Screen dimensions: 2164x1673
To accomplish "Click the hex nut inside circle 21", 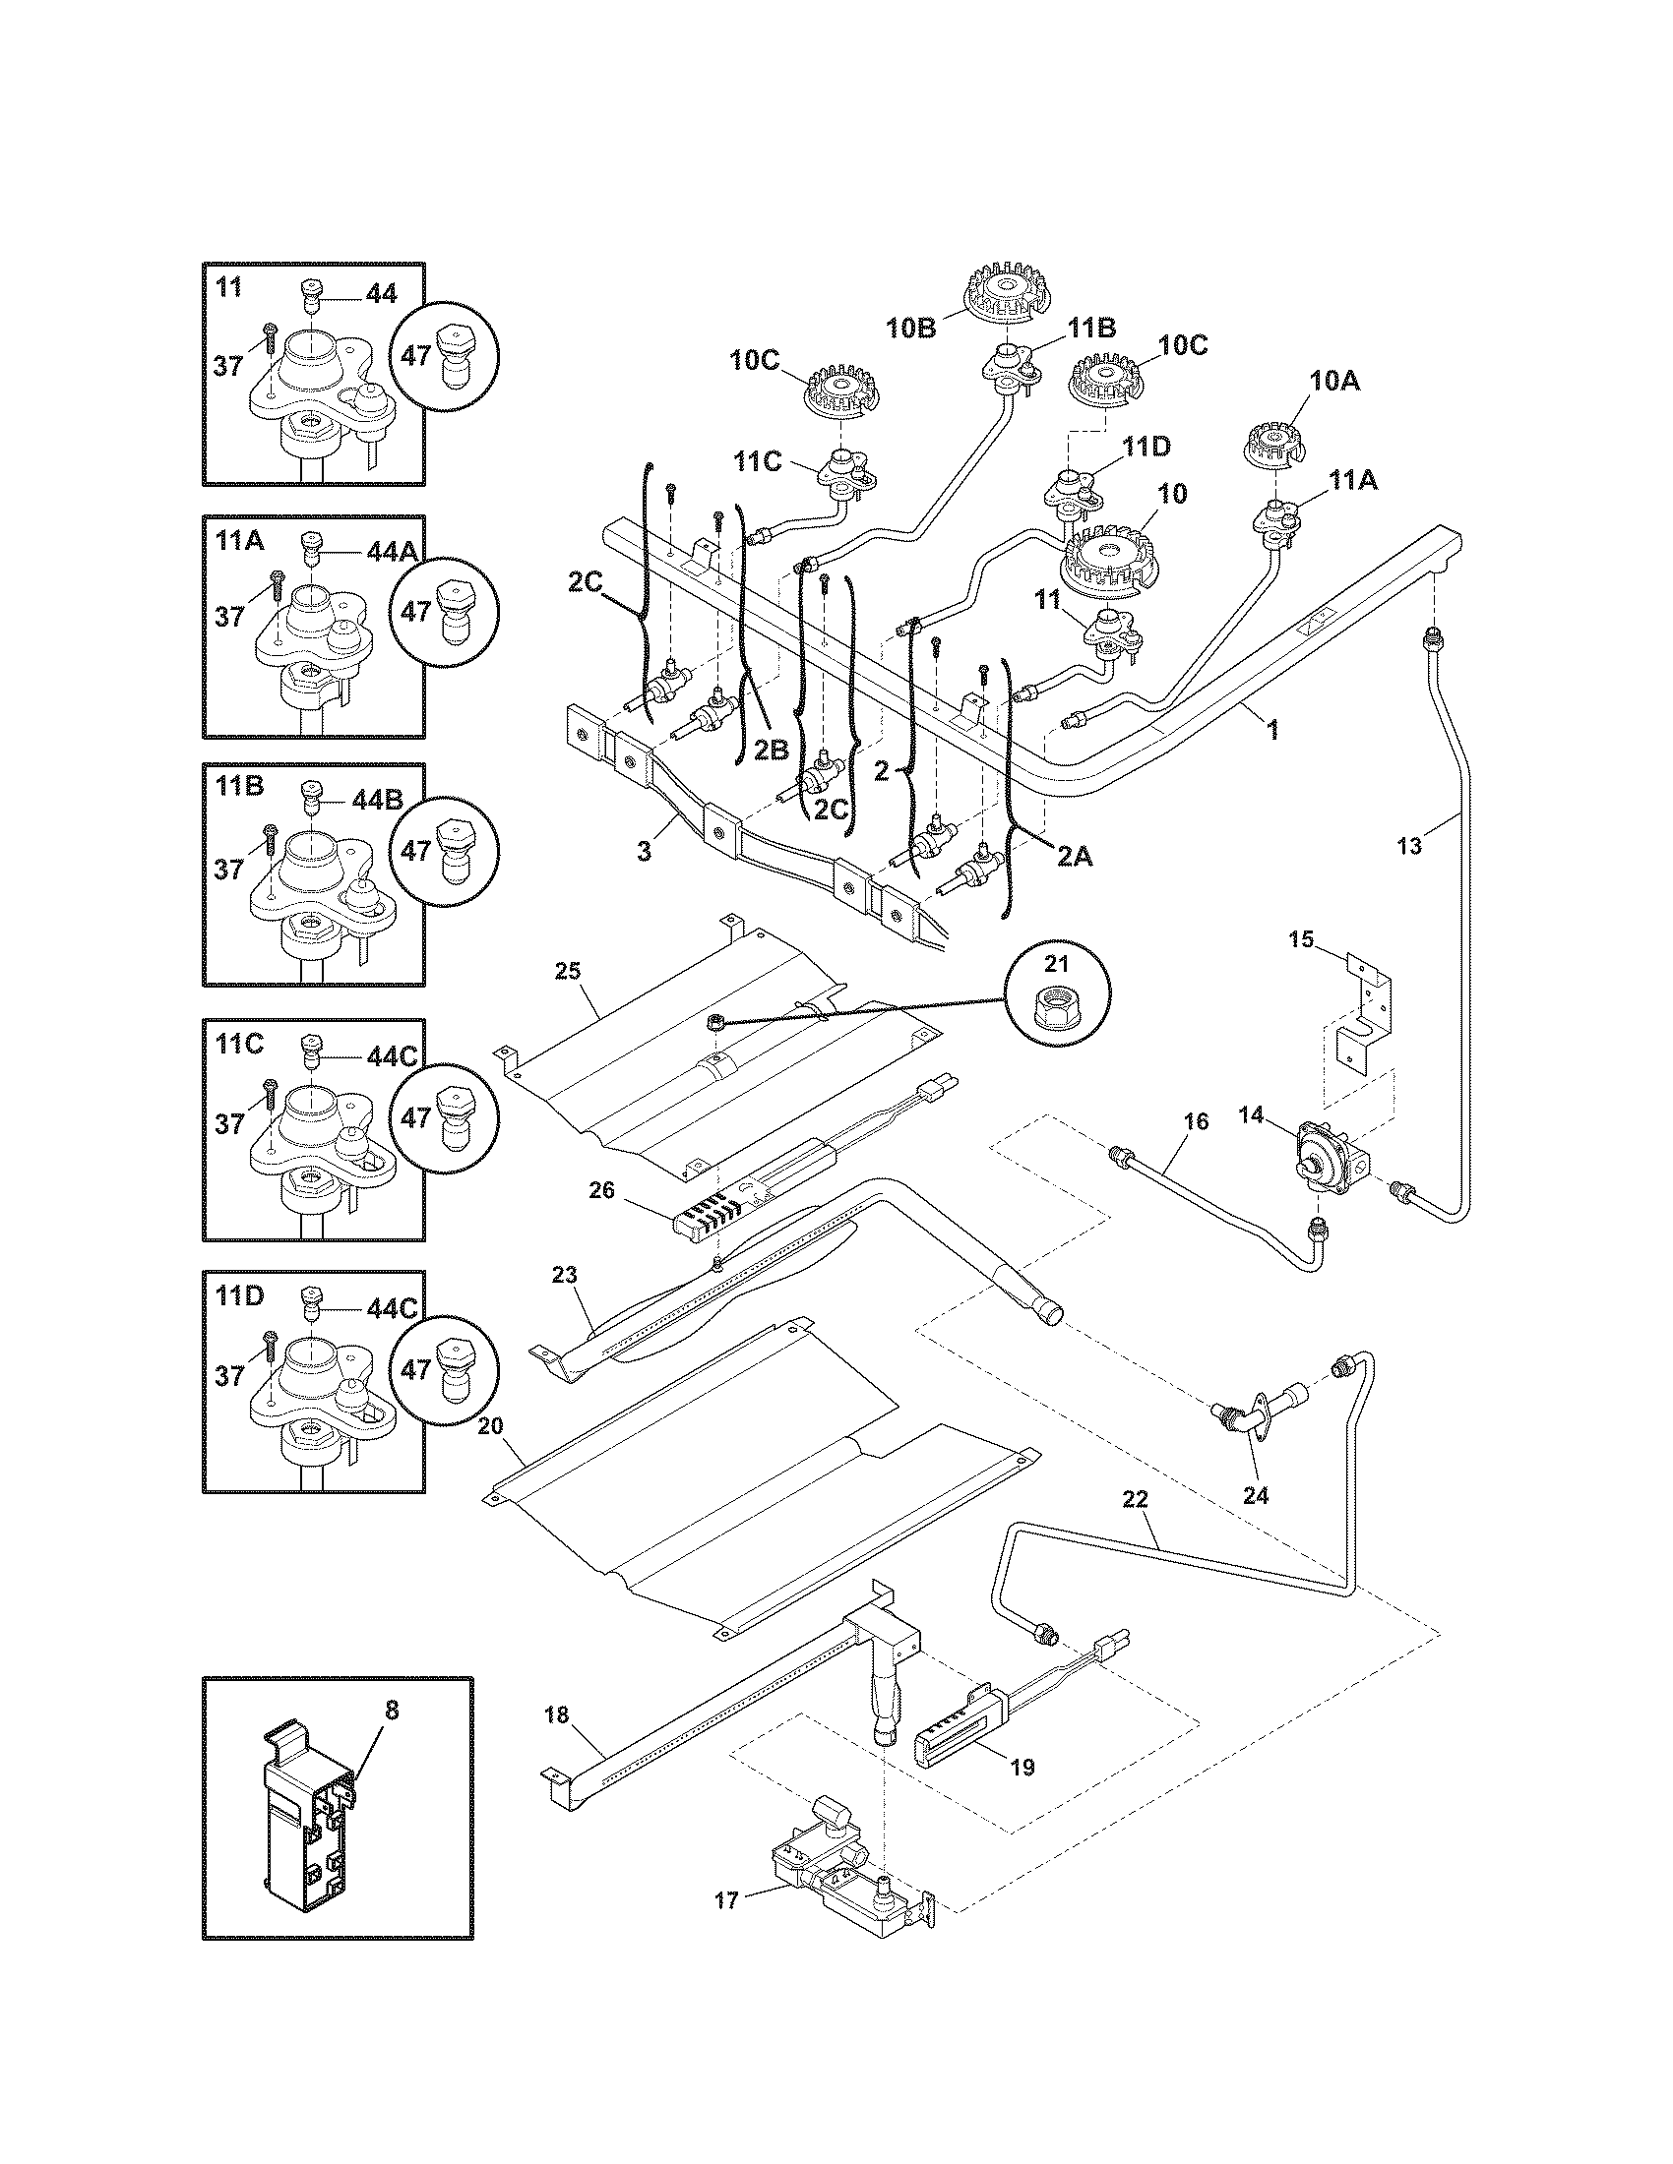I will pos(1055,1009).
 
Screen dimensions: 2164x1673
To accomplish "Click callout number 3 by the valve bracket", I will pos(645,851).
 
